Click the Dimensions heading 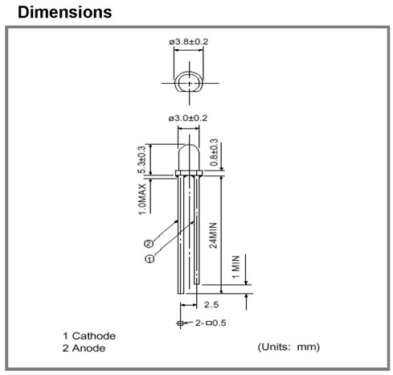click(x=65, y=12)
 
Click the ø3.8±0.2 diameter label click(x=188, y=42)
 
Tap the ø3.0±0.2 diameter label click(x=188, y=118)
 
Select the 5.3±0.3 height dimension click(x=142, y=159)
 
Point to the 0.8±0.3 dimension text click(x=214, y=152)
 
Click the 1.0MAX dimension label click(x=142, y=199)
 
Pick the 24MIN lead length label click(x=213, y=235)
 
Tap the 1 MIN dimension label click(x=235, y=267)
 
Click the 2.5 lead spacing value click(x=211, y=305)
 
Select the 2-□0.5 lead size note click(x=211, y=323)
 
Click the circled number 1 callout click(x=149, y=259)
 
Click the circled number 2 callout click(x=149, y=244)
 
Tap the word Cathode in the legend click(x=94, y=336)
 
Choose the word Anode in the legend click(x=88, y=348)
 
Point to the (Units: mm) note click(x=289, y=347)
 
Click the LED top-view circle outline click(x=174, y=82)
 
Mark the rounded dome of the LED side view click(x=189, y=144)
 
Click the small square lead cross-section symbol click(x=180, y=323)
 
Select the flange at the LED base click(x=189, y=173)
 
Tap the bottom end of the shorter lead click(x=197, y=284)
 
